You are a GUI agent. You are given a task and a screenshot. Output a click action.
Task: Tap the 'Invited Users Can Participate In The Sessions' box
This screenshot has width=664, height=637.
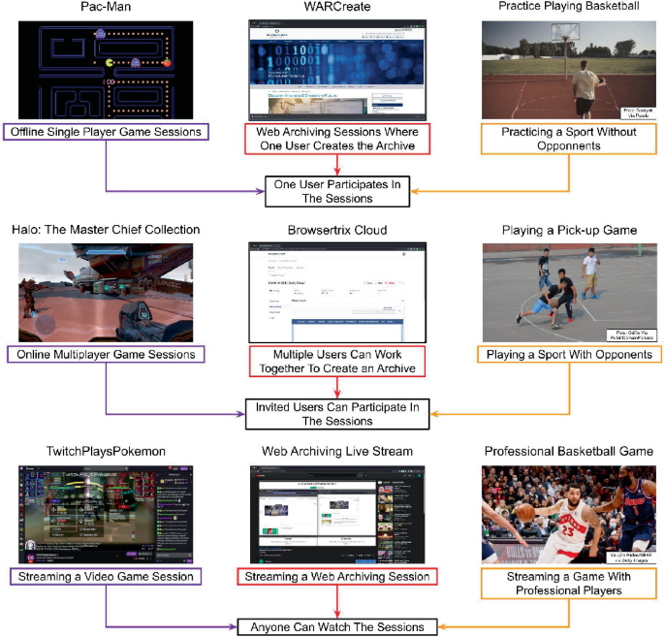pos(336,414)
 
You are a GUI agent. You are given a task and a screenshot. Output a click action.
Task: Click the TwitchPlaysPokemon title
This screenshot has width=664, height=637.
pos(108,452)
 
